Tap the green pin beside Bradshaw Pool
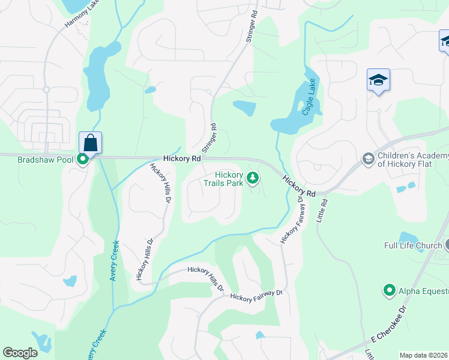point(84,160)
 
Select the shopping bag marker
point(90,143)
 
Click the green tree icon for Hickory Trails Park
point(253,178)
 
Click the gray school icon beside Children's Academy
point(367,159)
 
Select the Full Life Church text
point(413,245)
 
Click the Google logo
point(20,353)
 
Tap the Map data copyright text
point(424,355)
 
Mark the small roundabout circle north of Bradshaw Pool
point(46,89)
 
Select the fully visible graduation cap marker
point(378,80)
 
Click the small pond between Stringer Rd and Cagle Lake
point(244,108)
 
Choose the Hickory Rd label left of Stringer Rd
point(181,158)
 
